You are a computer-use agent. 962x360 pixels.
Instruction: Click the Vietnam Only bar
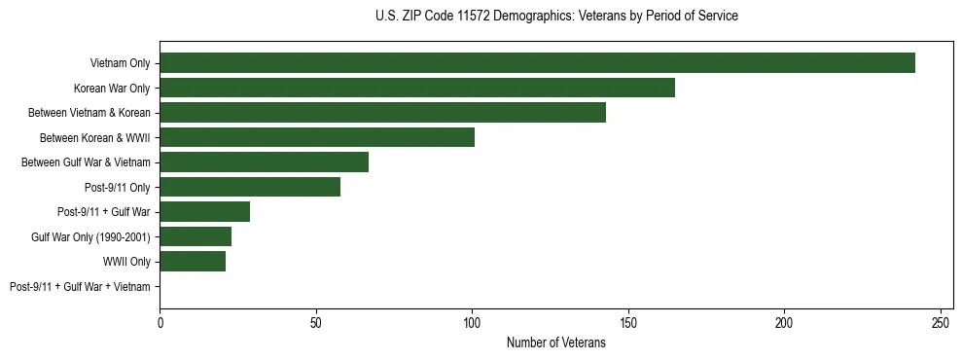click(537, 63)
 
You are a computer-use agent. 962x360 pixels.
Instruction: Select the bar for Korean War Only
click(417, 89)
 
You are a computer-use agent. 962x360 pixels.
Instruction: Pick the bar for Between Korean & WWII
click(317, 137)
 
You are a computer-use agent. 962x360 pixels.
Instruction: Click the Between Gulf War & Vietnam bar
click(264, 162)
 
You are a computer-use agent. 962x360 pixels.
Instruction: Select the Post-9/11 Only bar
click(250, 187)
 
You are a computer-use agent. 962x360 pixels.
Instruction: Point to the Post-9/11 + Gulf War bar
click(204, 212)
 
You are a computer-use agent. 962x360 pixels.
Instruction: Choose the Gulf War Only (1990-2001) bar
click(196, 236)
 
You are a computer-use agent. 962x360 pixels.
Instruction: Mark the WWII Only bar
click(193, 262)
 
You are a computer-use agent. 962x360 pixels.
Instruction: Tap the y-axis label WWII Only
click(126, 262)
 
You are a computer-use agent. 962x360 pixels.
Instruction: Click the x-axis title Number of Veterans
click(555, 342)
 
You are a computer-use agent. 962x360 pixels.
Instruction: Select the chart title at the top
click(555, 17)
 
